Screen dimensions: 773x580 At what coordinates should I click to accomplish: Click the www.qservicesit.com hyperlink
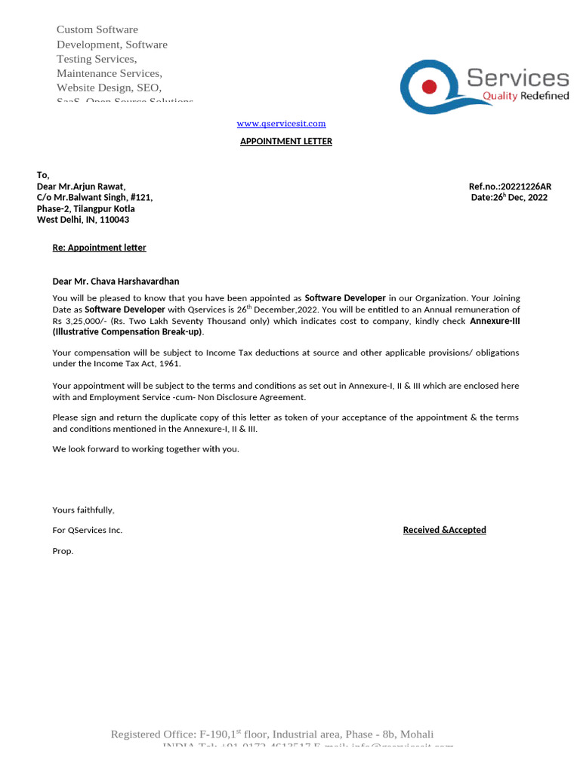[x=281, y=123]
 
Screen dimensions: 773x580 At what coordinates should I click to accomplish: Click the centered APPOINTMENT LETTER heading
[x=285, y=141]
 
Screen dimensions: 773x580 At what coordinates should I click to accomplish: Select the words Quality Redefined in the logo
[x=526, y=96]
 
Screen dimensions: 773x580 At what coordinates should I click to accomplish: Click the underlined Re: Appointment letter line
[x=99, y=248]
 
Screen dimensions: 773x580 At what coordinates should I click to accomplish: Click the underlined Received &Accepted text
[x=444, y=530]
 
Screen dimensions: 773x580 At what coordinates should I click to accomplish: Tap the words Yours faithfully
[x=83, y=510]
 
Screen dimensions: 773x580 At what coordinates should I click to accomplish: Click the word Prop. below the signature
[x=63, y=551]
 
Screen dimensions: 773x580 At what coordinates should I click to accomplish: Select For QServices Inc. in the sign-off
[x=87, y=530]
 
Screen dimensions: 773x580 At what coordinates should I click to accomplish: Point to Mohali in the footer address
[x=417, y=735]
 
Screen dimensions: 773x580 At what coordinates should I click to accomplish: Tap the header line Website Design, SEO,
[x=109, y=88]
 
